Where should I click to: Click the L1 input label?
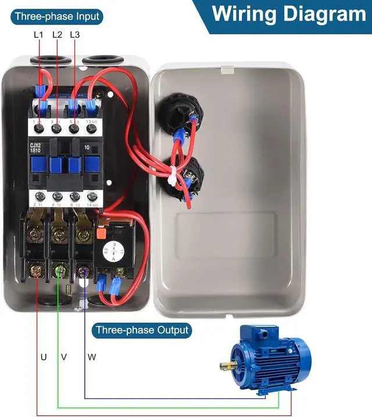(38, 35)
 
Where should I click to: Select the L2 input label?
(57, 35)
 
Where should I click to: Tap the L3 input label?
(74, 35)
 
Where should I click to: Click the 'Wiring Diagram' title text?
(288, 14)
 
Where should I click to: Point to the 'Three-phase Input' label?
(57, 16)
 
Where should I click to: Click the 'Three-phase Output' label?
(142, 330)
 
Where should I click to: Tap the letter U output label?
(44, 356)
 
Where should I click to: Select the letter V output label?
(64, 356)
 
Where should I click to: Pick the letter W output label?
(92, 356)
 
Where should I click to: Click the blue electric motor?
(267, 361)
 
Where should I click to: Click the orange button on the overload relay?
(99, 232)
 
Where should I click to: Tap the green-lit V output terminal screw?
(59, 271)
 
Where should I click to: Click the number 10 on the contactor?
(88, 148)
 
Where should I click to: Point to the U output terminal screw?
(35, 271)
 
